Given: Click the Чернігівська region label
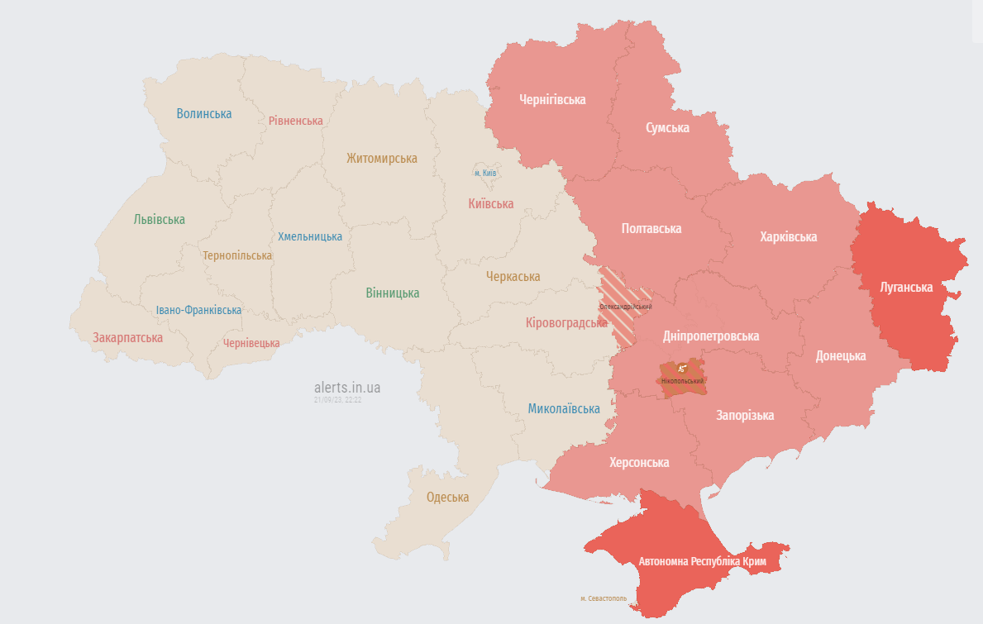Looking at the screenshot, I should point(552,100).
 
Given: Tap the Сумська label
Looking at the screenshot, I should point(667,128).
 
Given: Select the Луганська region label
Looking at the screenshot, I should point(906,288).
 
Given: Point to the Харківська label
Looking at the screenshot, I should point(788,237).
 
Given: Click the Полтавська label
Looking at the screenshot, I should point(651,228).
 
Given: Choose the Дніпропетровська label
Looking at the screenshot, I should point(711,336).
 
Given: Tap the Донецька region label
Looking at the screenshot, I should point(841,356).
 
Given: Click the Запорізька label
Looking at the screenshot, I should point(745,415).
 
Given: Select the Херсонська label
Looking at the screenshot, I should point(639,462).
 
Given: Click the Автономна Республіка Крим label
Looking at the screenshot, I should point(702,562).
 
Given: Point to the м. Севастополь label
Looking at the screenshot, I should point(603,598).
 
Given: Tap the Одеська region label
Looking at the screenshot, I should point(447,498).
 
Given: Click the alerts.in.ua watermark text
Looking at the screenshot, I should point(347,388).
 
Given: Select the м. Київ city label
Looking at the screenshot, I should point(485,174).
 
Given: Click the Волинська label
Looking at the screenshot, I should point(203,114).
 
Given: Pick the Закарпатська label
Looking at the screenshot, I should point(127,338).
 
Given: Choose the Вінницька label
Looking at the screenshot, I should point(392,293).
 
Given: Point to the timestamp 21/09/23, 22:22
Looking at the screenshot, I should point(337,400).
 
